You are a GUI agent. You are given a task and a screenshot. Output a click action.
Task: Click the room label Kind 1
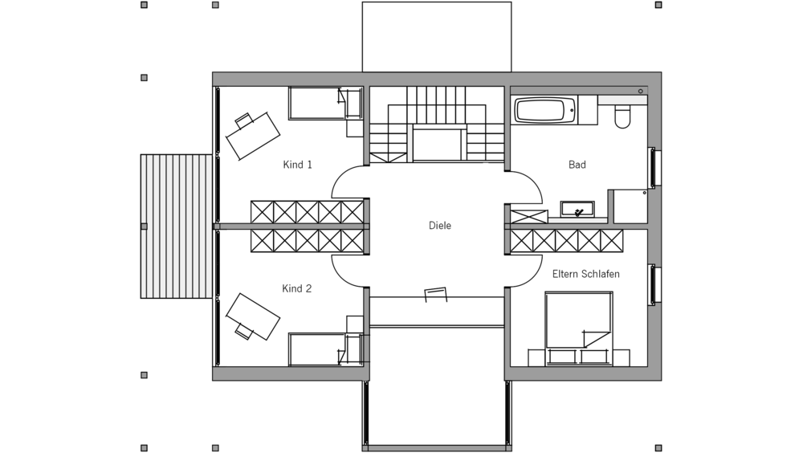[297, 165]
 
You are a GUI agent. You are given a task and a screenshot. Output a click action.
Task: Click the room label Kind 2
[296, 288]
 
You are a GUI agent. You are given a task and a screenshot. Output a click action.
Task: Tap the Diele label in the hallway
[440, 226]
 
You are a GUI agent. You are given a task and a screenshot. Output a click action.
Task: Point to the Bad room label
[577, 165]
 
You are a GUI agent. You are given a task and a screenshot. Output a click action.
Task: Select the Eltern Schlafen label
[585, 274]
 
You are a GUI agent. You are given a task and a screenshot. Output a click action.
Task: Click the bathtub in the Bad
[544, 111]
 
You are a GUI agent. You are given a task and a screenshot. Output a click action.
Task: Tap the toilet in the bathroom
[623, 117]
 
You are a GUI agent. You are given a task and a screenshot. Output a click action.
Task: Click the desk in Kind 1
[253, 134]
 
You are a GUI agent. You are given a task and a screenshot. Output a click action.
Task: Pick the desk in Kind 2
[252, 317]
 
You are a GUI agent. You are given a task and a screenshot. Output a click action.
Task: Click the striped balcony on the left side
[177, 226]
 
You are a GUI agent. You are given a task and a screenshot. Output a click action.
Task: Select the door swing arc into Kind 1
[349, 180]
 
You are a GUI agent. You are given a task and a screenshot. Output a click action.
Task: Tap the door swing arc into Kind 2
[349, 270]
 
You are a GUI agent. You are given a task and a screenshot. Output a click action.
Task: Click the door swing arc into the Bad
[526, 188]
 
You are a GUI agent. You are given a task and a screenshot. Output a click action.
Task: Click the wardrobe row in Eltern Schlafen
[567, 240]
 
